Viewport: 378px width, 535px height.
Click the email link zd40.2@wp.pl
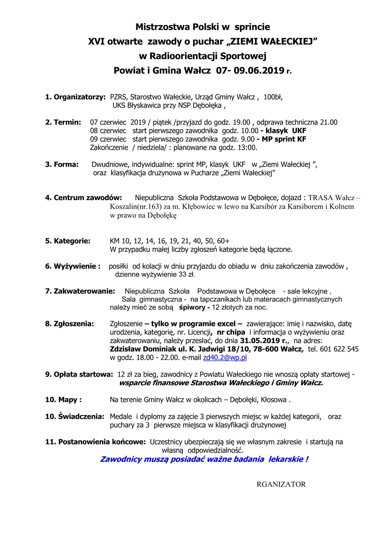tap(225, 357)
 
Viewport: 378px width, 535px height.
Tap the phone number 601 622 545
tap(339, 349)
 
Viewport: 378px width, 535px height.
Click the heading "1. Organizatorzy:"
tap(75, 97)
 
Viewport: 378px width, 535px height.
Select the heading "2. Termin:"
tap(63, 122)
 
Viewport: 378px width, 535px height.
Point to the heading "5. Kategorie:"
tap(68, 241)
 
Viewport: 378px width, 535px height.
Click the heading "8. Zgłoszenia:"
tap(70, 324)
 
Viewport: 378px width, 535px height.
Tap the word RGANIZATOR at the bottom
tap(281, 484)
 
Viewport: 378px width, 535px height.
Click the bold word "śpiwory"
tap(192, 307)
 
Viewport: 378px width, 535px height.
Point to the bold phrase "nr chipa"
tap(231, 332)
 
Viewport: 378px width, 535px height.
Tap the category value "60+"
tap(223, 241)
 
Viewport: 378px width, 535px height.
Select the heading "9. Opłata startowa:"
tap(79, 374)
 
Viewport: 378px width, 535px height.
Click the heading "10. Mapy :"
tap(63, 400)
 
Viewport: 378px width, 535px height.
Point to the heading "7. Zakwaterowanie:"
tap(80, 291)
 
